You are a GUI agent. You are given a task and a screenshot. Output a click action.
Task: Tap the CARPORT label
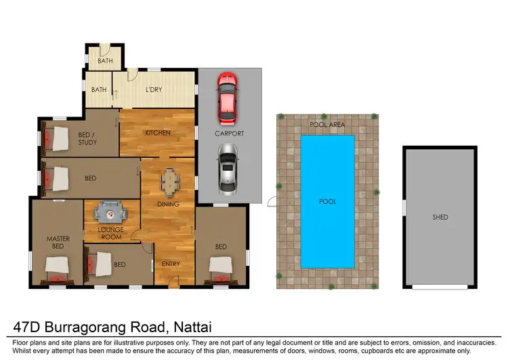coord(229,134)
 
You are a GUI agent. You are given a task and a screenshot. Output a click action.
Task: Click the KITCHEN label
coord(157,133)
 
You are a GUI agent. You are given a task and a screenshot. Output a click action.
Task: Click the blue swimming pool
coord(327,201)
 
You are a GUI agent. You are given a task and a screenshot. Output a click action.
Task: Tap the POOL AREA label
coord(327,125)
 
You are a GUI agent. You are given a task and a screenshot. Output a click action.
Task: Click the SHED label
coord(440,218)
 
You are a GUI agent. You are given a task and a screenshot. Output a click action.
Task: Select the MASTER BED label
coord(58,243)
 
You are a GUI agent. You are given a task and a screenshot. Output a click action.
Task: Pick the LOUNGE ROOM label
coord(110,234)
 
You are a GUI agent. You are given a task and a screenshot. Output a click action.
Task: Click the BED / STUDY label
coord(87,138)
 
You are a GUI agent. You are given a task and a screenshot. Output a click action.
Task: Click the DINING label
coord(168,204)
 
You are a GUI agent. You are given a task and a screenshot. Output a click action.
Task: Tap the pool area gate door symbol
coord(272,200)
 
